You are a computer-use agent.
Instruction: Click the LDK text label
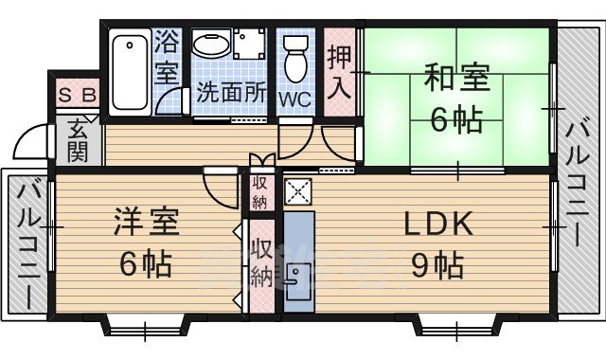(x=438, y=225)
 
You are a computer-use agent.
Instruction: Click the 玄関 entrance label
(x=77, y=140)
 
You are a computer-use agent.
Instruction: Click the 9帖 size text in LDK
(x=437, y=266)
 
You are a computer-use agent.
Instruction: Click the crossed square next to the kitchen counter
(x=298, y=192)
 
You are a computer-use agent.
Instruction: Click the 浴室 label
(x=167, y=57)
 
